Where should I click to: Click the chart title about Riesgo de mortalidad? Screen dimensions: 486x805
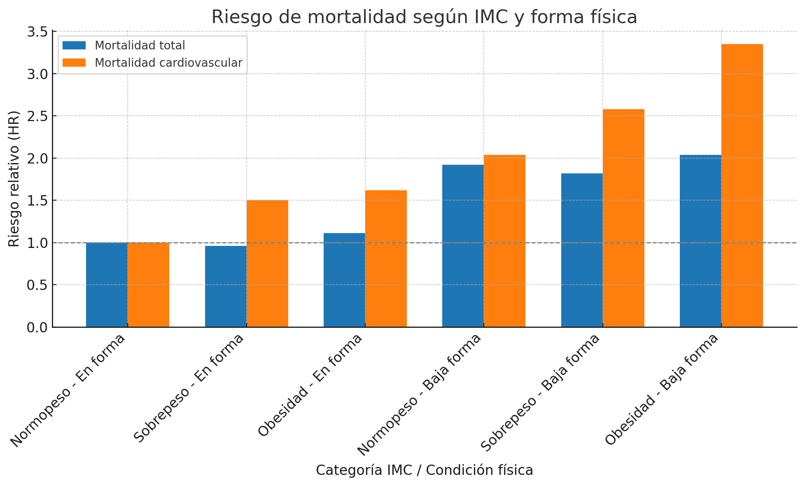(424, 17)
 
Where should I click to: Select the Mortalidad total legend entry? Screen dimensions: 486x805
(140, 45)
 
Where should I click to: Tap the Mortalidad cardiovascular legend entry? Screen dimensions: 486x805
(168, 63)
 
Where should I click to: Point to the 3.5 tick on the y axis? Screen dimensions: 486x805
(37, 32)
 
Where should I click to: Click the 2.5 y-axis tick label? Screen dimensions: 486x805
(37, 116)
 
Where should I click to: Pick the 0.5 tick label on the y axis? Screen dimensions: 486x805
(37, 285)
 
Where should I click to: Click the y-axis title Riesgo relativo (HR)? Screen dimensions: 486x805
(14, 179)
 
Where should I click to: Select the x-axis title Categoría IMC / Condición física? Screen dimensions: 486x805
(424, 470)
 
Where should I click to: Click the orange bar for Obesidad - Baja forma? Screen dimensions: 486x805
(742, 185)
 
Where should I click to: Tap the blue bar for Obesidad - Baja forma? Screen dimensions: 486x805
(700, 241)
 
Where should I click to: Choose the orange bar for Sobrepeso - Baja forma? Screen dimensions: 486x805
(623, 218)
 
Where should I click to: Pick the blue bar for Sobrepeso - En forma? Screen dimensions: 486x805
(226, 286)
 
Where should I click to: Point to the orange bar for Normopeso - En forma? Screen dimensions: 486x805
(148, 285)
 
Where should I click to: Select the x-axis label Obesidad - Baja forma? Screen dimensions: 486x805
(662, 389)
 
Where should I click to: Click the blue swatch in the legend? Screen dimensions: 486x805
(74, 45)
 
